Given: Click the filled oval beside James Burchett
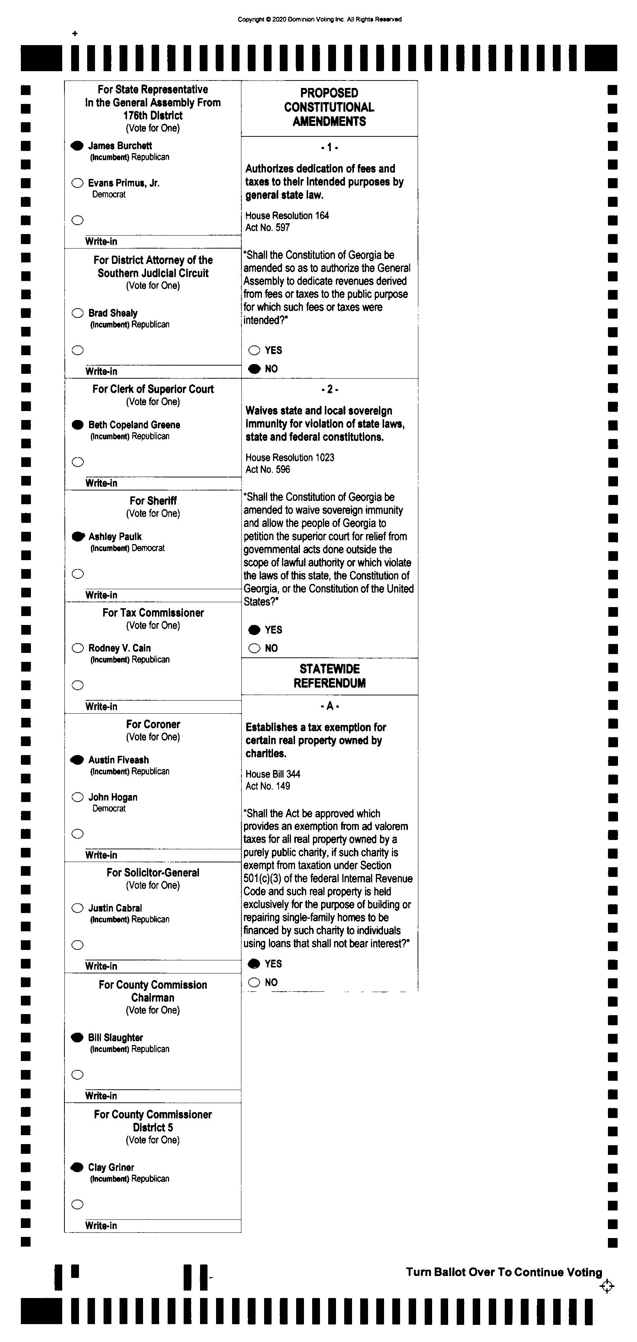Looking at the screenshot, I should click(77, 146).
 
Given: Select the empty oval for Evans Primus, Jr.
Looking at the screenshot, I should click(77, 183).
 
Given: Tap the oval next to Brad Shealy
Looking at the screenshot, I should click(77, 313).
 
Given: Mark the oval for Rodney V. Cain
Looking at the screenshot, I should click(77, 648).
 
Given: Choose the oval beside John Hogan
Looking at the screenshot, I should click(77, 797).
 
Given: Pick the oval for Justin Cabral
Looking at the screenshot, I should click(77, 908).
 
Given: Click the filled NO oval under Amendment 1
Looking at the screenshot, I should click(254, 369).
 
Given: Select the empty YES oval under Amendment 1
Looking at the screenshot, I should click(254, 350).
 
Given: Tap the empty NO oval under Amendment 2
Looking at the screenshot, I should click(254, 648).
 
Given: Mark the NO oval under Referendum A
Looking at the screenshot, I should click(254, 982).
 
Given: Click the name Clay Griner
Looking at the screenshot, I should click(111, 1168).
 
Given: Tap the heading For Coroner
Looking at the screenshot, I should click(153, 724).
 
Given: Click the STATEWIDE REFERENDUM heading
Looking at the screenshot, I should click(330, 676).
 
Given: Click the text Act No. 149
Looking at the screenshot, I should click(268, 786).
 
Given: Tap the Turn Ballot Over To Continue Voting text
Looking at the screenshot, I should click(504, 1272).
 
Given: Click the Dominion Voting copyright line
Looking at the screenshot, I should click(320, 19).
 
